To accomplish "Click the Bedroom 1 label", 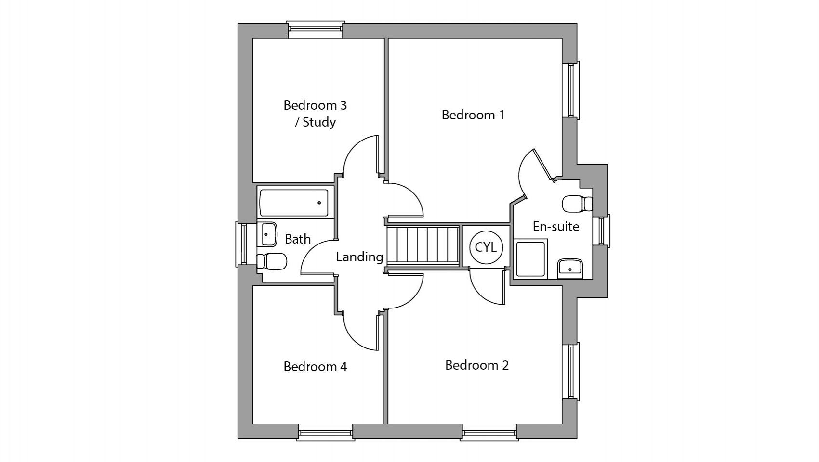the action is (473, 115).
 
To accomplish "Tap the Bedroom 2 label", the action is (476, 365).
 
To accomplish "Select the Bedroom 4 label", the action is (315, 367).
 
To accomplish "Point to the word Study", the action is (319, 122).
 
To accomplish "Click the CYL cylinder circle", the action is (486, 247).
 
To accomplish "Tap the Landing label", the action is (359, 257).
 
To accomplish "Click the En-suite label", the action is (555, 227).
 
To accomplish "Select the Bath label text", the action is (297, 239).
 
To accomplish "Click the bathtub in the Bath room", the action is (294, 203).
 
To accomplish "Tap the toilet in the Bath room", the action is (272, 262).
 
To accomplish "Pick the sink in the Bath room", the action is (268, 234).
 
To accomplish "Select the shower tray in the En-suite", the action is (530, 259).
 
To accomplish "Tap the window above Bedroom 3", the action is (315, 29).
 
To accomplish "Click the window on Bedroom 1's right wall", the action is (571, 90).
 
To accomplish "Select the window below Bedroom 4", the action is (326, 433).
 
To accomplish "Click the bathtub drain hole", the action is (319, 203).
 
